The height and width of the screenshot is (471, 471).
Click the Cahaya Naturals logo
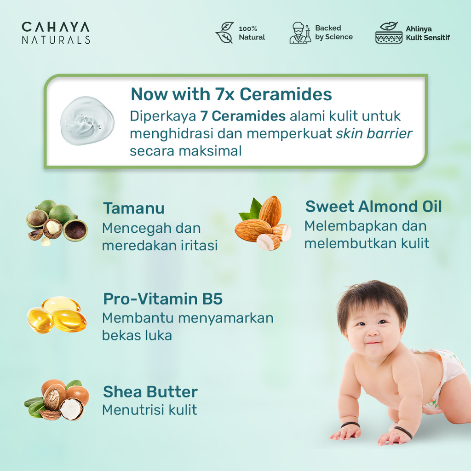(56, 33)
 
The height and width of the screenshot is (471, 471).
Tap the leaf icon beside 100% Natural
(224, 33)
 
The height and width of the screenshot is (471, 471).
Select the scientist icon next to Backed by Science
(300, 33)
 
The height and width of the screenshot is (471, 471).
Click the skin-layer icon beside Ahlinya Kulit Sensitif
(389, 33)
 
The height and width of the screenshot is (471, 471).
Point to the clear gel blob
(87, 121)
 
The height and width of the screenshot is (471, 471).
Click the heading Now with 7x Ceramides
(231, 94)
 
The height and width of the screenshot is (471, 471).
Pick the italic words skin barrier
(374, 134)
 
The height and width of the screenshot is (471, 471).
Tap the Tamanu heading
(134, 208)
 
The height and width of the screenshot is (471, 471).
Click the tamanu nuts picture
(57, 223)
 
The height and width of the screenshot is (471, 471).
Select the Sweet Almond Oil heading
(373, 207)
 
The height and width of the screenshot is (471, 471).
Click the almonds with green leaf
(263, 223)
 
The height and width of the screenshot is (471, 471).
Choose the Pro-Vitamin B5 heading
(163, 299)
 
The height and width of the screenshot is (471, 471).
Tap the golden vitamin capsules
(57, 315)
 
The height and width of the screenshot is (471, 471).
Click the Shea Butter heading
(150, 392)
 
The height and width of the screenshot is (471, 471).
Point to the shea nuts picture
(57, 400)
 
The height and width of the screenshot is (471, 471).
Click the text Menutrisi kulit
(149, 410)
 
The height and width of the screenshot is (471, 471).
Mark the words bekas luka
(137, 335)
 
